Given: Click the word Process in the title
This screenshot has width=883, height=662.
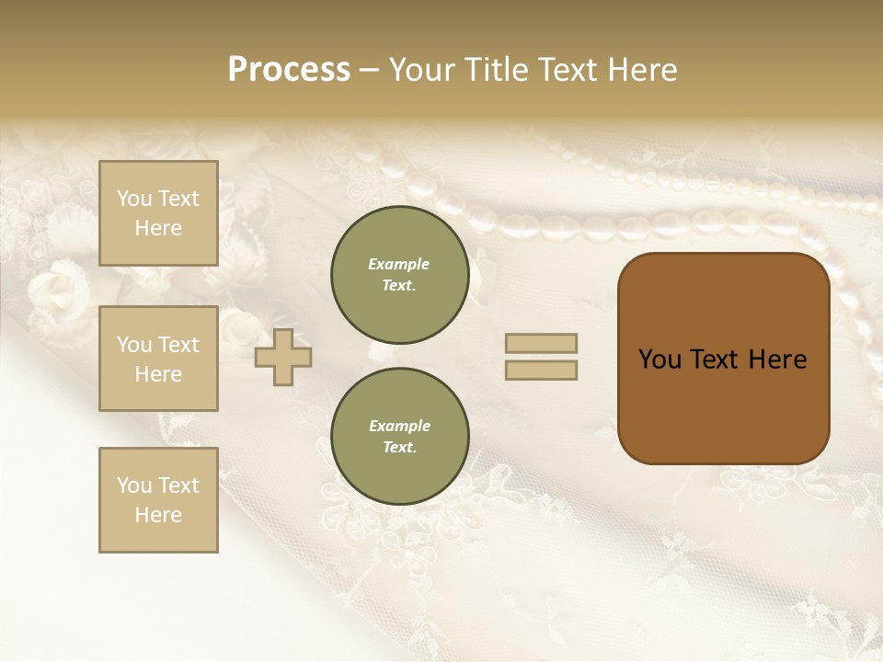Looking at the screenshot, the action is tap(289, 70).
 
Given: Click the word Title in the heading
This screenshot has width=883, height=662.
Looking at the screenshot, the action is tap(498, 70).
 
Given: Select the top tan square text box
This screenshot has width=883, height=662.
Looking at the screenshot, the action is tap(158, 213).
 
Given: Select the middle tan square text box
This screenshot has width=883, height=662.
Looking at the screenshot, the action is tap(158, 359).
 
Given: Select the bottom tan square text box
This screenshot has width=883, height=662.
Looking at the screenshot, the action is tap(158, 500).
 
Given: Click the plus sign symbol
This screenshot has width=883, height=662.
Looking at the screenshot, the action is tap(283, 357).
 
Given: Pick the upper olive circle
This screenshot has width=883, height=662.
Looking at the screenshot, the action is tap(399, 275).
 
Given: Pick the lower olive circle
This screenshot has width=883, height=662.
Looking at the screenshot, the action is tap(399, 437).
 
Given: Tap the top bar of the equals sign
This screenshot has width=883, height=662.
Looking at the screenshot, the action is tap(541, 343).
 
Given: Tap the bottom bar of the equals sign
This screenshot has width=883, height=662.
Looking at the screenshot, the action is tap(541, 370).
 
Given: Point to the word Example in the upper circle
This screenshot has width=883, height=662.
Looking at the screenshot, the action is tap(399, 264).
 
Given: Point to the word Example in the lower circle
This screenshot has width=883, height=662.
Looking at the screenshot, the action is tap(399, 426).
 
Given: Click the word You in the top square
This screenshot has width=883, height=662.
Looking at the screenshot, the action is tap(134, 199).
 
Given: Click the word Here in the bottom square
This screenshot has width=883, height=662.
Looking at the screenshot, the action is tap(158, 515).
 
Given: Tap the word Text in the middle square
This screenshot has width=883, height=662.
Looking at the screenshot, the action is tap(178, 345).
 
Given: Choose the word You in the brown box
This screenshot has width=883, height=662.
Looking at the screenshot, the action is tap(659, 360).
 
